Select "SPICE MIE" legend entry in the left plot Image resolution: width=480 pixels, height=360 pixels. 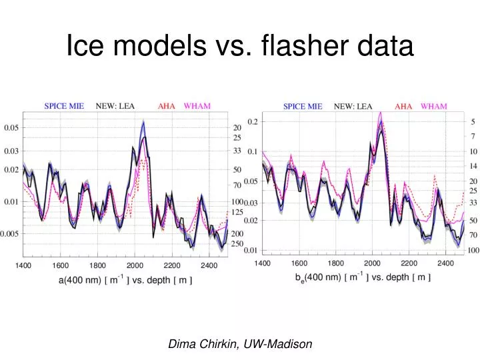tap(64, 105)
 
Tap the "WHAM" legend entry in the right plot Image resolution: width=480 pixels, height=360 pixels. tap(434, 106)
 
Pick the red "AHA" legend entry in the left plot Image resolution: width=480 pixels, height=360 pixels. tap(167, 105)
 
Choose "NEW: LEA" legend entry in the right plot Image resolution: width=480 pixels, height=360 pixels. tap(353, 106)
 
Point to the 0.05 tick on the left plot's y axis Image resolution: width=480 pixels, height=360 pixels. tap(11, 128)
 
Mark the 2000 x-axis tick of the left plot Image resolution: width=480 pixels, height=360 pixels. tap(135, 265)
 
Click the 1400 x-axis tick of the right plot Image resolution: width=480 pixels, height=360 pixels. tap(262, 263)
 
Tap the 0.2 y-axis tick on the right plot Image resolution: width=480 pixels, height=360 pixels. tap(253, 121)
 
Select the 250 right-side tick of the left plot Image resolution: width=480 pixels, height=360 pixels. tap(237, 244)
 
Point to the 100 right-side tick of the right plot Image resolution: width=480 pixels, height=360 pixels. tap(473, 251)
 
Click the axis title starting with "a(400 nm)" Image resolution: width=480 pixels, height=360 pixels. tap(125, 281)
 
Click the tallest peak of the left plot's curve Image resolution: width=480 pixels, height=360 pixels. tap(143, 122)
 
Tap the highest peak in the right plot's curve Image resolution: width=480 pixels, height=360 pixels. tap(380, 113)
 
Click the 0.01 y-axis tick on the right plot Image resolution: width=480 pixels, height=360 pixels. tap(250, 251)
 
